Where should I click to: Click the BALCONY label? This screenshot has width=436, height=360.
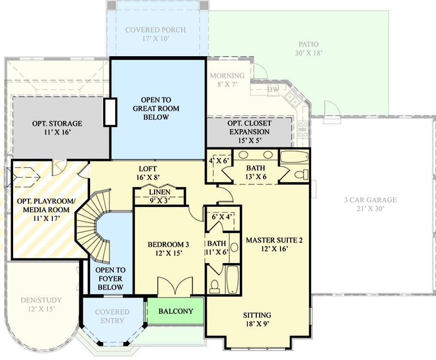[x=176, y=311]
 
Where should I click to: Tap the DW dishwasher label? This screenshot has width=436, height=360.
[x=273, y=90]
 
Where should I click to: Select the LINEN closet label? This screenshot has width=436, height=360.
[x=159, y=192]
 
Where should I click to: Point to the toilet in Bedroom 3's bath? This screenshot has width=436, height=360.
[x=215, y=286]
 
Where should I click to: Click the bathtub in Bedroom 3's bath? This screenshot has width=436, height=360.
[x=232, y=279]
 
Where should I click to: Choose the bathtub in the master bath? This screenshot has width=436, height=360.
[x=294, y=157]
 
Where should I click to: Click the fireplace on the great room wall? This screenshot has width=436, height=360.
[x=110, y=112]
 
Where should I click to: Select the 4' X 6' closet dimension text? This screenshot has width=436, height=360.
[x=219, y=161]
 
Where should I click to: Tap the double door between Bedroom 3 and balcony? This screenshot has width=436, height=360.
[x=175, y=286]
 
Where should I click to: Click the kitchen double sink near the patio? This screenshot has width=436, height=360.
[x=292, y=99]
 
